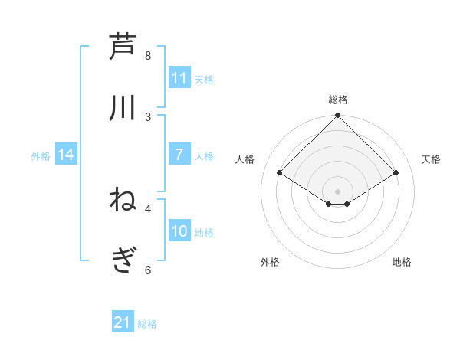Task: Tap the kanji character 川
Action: pyautogui.click(x=123, y=106)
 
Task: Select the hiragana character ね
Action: pyautogui.click(x=123, y=200)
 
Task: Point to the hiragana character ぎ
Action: pyautogui.click(x=123, y=261)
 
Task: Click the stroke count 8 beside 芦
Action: pyautogui.click(x=148, y=56)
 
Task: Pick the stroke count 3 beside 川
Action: pyautogui.click(x=148, y=116)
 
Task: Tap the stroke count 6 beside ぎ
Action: pyautogui.click(x=148, y=270)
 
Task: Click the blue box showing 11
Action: pyautogui.click(x=179, y=78)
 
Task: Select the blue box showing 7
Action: pyautogui.click(x=179, y=155)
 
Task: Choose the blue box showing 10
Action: pyautogui.click(x=179, y=231)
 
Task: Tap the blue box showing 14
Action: pyautogui.click(x=66, y=155)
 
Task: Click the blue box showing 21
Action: pyautogui.click(x=123, y=322)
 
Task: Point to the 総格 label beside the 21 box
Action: pyautogui.click(x=147, y=324)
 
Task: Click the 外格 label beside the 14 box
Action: pyautogui.click(x=41, y=156)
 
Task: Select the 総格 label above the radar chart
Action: pyautogui.click(x=338, y=100)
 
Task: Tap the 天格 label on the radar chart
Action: pyautogui.click(x=432, y=159)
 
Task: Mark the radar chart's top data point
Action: pyautogui.click(x=338, y=116)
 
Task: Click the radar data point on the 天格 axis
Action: pyautogui.click(x=396, y=173)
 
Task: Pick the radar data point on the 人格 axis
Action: pyautogui.click(x=280, y=173)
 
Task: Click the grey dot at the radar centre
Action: pyautogui.click(x=338, y=191)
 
